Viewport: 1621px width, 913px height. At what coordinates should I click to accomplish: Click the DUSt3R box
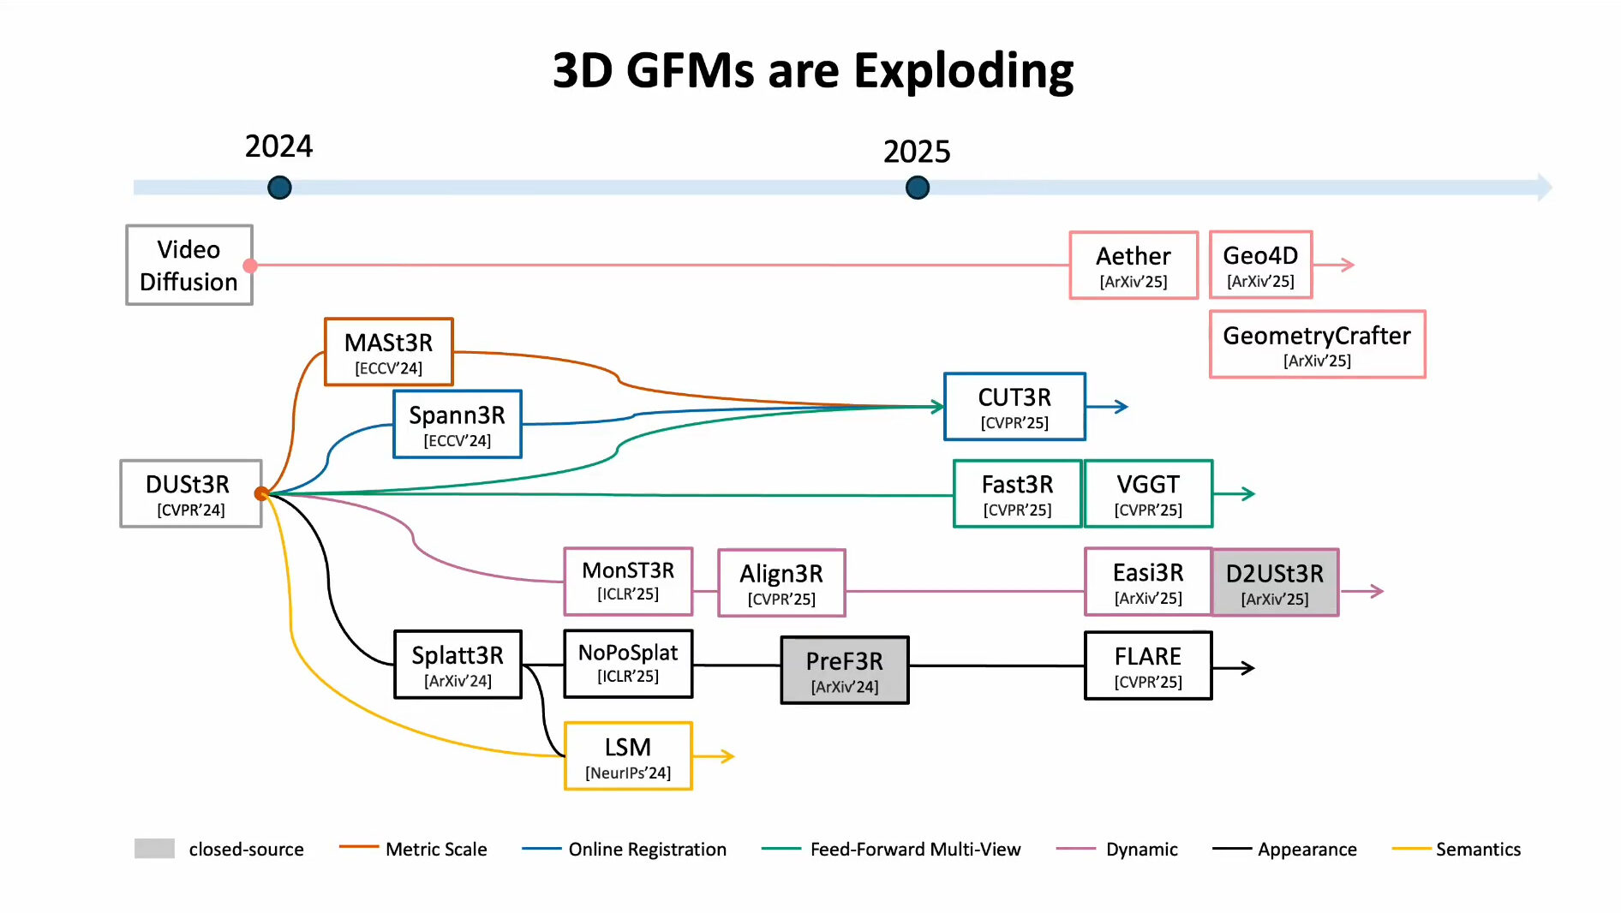191,493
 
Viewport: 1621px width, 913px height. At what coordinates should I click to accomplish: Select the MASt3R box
389,352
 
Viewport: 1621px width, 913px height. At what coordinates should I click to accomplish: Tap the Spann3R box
458,424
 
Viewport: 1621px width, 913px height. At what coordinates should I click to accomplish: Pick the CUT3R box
1014,407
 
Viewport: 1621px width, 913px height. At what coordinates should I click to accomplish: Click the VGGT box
1148,493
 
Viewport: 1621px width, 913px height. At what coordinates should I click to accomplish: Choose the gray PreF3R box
845,670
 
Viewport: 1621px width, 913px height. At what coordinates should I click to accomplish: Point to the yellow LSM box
628,756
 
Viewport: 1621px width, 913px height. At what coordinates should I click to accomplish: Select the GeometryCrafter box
1317,344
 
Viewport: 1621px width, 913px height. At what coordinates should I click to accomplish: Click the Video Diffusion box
189,265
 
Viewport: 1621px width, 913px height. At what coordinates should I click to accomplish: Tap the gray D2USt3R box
1275,582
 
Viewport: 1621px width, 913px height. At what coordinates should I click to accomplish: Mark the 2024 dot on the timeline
279,188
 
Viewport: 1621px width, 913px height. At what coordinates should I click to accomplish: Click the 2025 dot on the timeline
918,188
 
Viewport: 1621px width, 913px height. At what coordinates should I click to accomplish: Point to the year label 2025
917,152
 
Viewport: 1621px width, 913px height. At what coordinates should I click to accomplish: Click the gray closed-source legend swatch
154,849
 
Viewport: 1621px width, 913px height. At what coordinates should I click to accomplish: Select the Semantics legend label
1478,850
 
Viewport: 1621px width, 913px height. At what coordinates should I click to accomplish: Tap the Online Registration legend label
647,850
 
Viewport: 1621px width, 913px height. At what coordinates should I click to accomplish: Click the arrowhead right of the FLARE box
1247,668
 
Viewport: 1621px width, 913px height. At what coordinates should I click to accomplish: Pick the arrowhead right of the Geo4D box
1347,265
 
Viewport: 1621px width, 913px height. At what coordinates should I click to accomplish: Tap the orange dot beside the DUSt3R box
261,493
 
